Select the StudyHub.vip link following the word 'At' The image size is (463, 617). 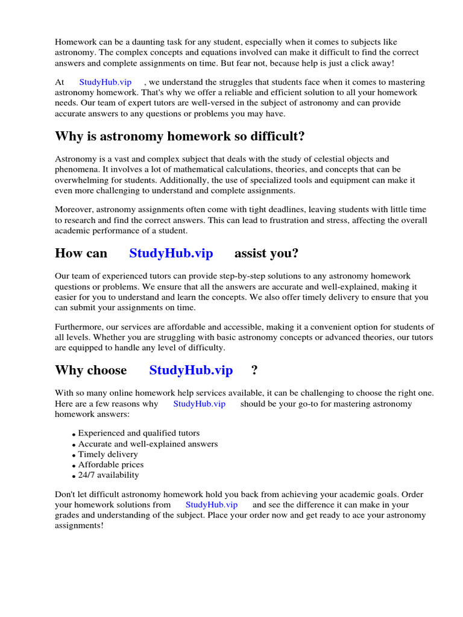(106, 82)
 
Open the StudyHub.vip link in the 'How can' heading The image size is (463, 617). (171, 253)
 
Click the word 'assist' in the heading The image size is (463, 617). (250, 253)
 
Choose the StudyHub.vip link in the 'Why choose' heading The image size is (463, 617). (191, 370)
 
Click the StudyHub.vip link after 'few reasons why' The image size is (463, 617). (199, 404)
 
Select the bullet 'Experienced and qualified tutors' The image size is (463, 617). (139, 433)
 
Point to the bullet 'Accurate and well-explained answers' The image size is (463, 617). (148, 444)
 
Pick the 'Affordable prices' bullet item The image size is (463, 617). (111, 465)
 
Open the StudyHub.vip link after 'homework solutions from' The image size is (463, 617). (212, 504)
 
